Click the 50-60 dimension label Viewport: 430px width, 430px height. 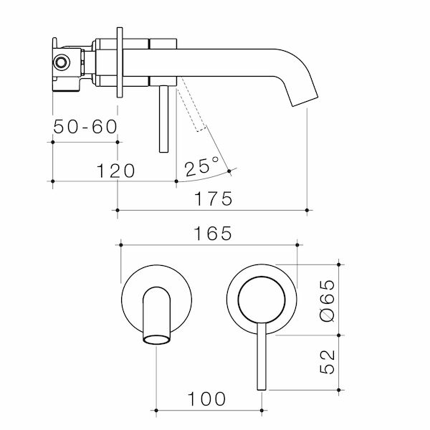coord(85,127)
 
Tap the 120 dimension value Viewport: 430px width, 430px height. coord(115,171)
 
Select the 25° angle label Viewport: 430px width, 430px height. coord(202,166)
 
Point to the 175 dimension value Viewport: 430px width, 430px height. coord(214,199)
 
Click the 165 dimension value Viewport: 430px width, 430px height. coord(213,234)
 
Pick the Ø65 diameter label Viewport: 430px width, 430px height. coord(328,300)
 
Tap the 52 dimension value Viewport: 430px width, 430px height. coord(328,362)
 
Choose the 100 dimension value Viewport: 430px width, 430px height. coord(207,399)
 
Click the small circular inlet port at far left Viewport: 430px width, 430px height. coord(61,62)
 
